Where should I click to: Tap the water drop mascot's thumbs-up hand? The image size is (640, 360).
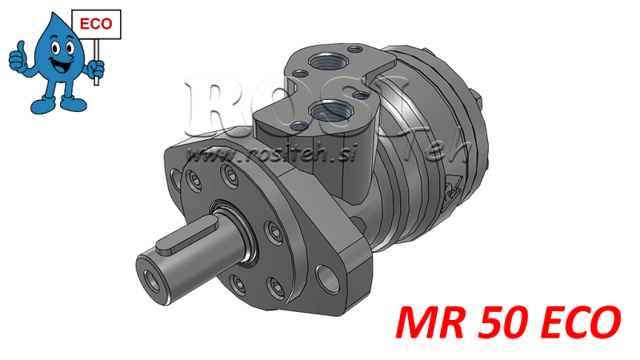pos(17,58)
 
